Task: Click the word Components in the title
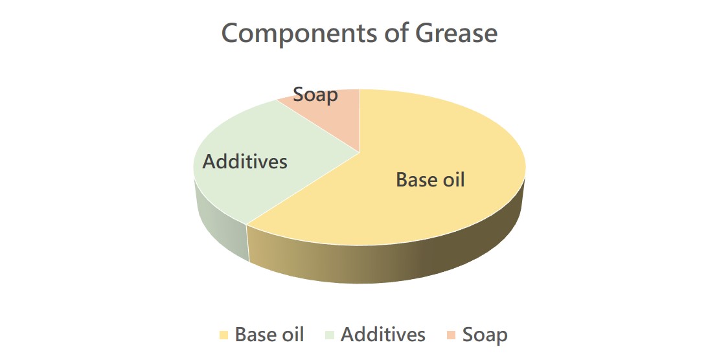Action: click(x=300, y=34)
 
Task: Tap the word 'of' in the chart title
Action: click(x=397, y=33)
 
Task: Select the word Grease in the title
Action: click(x=457, y=33)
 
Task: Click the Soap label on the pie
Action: click(x=315, y=95)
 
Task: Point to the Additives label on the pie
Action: click(x=245, y=161)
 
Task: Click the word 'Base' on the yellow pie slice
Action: click(x=415, y=179)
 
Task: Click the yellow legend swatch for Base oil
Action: click(x=223, y=335)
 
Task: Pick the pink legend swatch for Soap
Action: click(x=451, y=335)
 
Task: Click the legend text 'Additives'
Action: click(x=383, y=334)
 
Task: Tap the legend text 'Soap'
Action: click(x=485, y=335)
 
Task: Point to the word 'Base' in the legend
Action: click(x=253, y=334)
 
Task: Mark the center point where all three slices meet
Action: click(x=359, y=152)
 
